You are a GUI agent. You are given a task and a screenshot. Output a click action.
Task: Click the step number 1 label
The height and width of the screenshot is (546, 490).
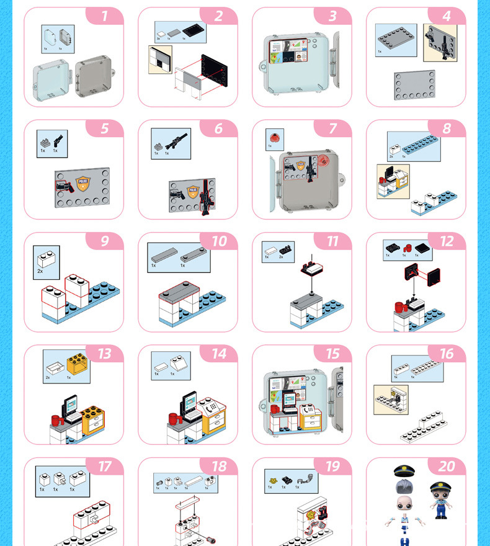pyautogui.click(x=104, y=16)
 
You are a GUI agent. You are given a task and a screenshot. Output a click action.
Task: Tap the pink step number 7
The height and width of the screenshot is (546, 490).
pyautogui.click(x=332, y=128)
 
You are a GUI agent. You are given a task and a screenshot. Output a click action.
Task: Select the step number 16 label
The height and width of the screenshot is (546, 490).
pyautogui.click(x=447, y=354)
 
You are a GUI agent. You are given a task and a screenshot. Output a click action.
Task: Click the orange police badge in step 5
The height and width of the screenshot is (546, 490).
pyautogui.click(x=82, y=183)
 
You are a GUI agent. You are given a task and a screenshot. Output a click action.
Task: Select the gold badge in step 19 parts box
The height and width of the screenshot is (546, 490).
pyautogui.click(x=272, y=480)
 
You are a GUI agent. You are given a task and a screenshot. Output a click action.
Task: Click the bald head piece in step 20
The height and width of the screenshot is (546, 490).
pyautogui.click(x=404, y=504)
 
